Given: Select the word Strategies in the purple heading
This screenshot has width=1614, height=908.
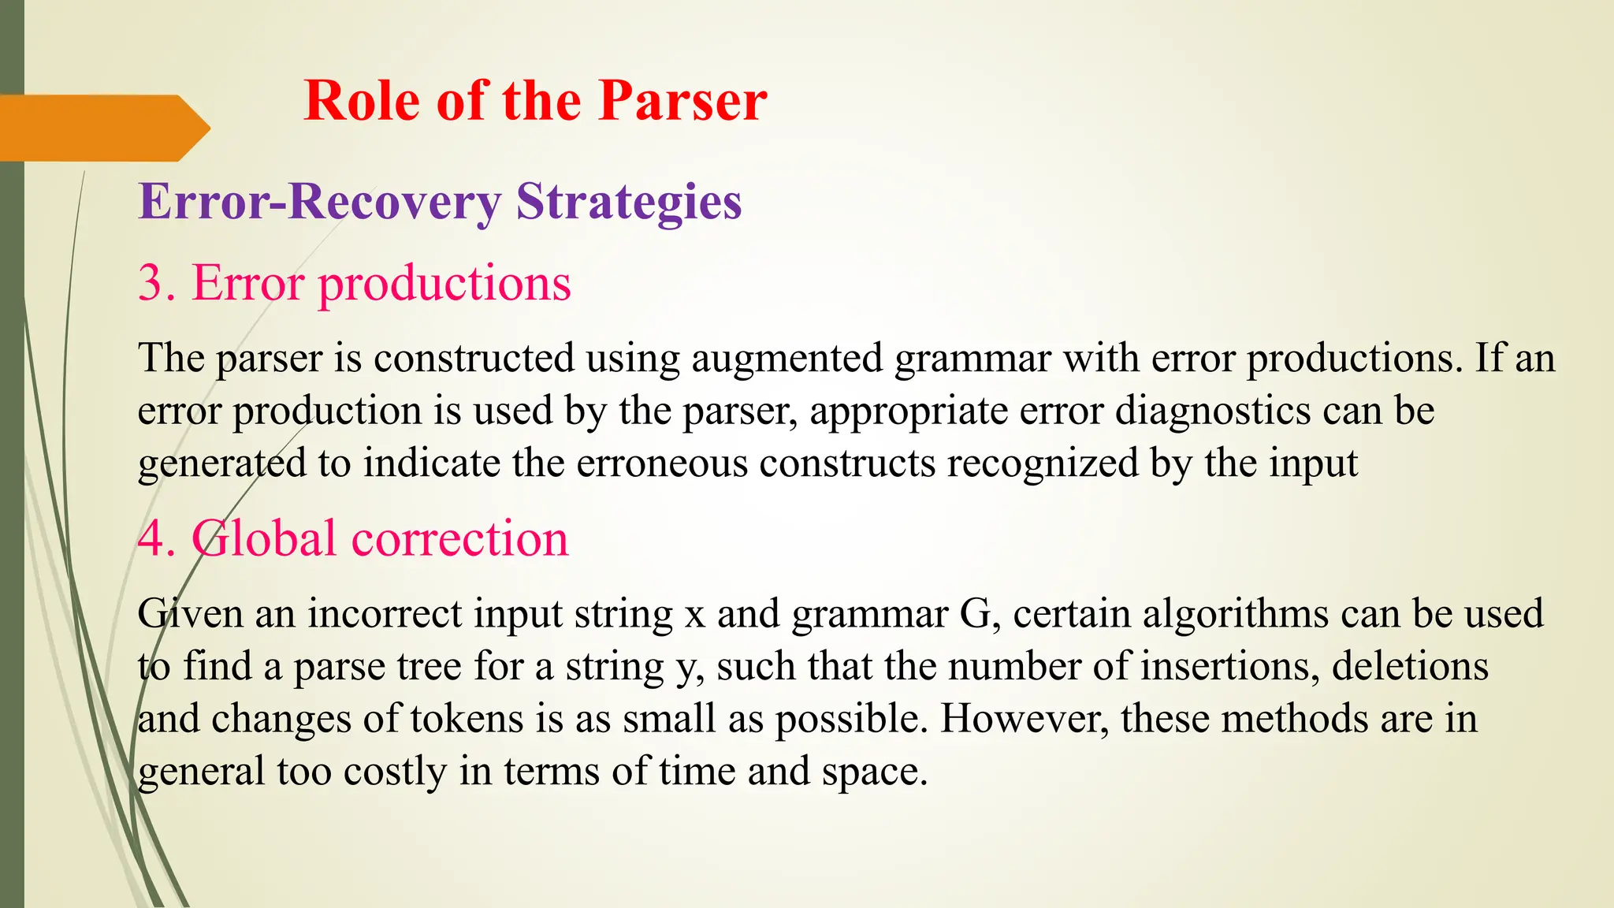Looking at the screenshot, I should pos(629,202).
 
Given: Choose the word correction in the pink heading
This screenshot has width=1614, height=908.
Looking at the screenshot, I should pos(459,539).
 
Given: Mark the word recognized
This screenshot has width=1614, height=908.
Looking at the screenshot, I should pos(1043,463).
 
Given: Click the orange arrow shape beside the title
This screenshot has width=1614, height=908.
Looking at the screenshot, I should pos(102,128).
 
